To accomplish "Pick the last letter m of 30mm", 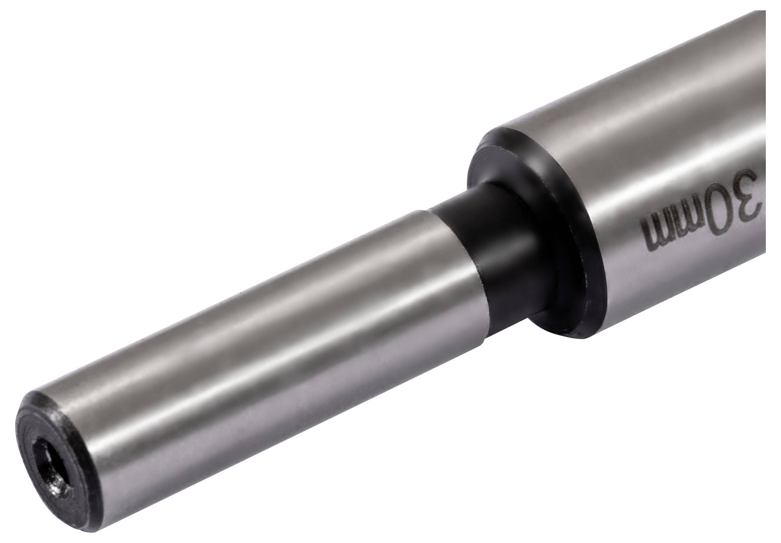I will (654, 242).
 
